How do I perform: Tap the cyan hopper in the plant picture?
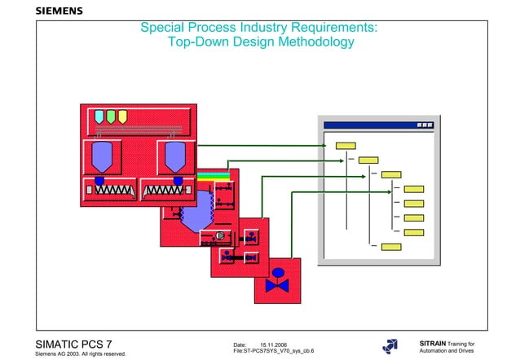(100, 116)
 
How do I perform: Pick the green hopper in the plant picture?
(111, 116)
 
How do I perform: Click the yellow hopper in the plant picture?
(121, 116)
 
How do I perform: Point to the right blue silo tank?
(175, 155)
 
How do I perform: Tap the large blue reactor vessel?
(196, 214)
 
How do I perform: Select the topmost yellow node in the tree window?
(346, 146)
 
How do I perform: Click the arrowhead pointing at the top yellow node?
(329, 146)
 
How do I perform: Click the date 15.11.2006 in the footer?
(273, 345)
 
